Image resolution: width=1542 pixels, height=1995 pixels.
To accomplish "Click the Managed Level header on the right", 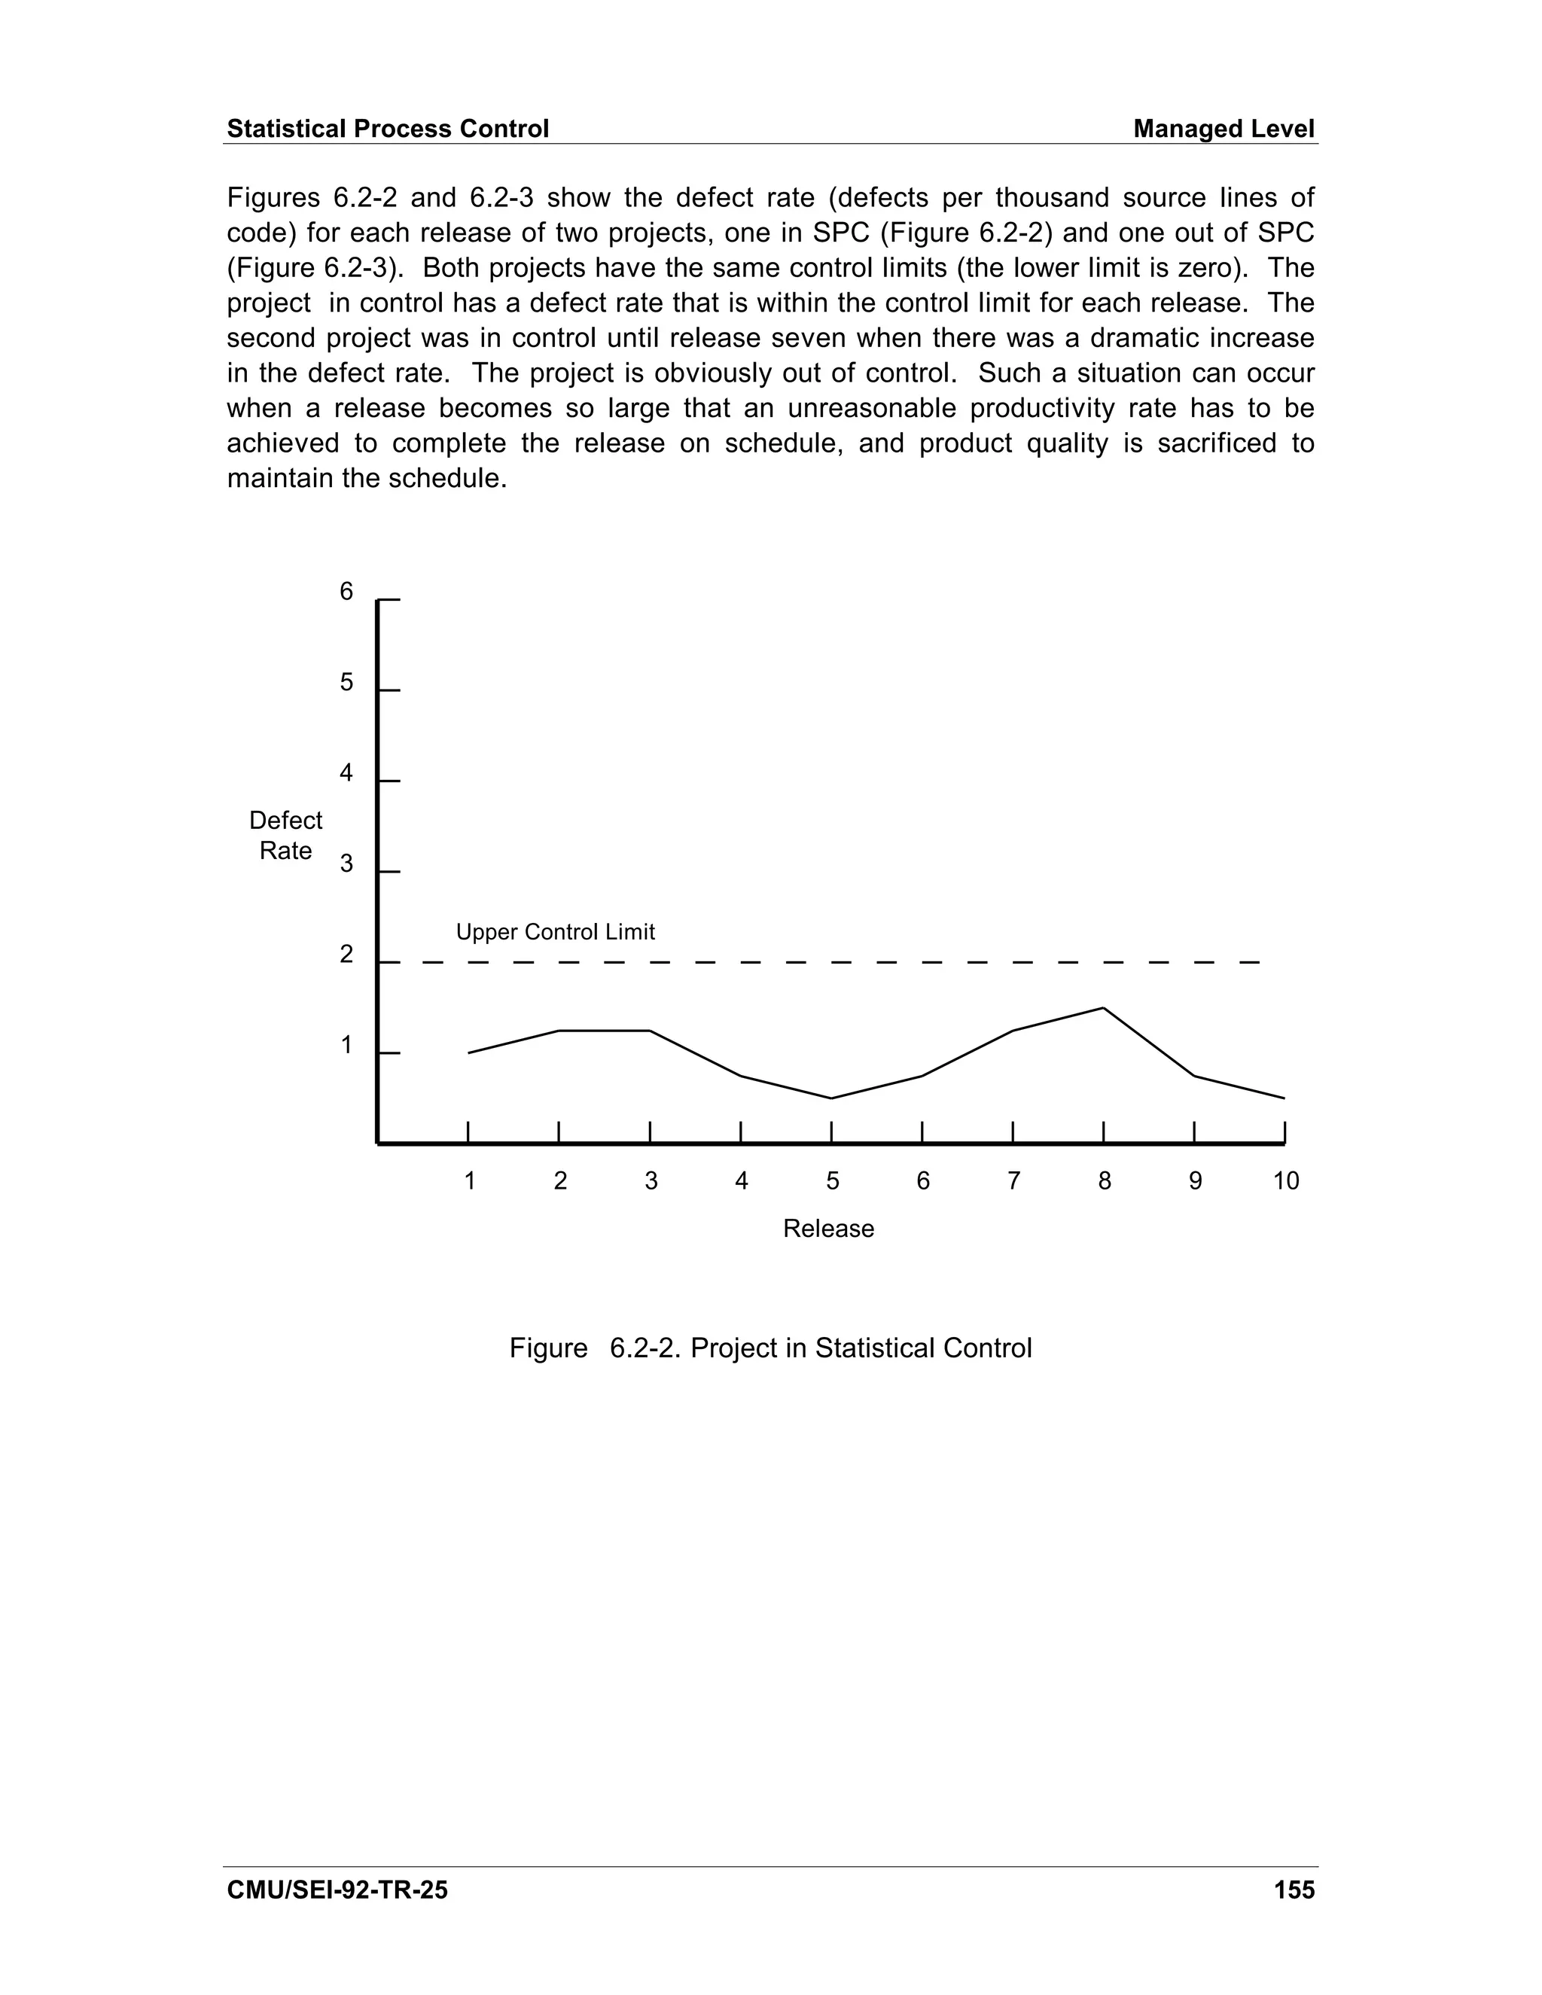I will (1224, 129).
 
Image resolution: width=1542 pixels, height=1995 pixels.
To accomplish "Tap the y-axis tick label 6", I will (346, 592).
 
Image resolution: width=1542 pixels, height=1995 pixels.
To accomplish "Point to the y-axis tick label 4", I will (346, 774).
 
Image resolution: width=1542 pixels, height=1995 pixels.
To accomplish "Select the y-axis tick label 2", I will (346, 955).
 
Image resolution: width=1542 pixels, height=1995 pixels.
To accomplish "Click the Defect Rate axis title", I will (286, 836).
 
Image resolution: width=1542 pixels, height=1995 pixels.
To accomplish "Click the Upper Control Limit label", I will (556, 933).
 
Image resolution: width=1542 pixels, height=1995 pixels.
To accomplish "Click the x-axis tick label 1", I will (470, 1181).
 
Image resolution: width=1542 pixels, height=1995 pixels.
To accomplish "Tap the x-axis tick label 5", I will (832, 1181).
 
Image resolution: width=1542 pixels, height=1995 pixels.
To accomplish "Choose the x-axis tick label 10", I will (1285, 1181).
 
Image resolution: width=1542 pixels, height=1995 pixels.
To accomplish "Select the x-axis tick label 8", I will (1105, 1181).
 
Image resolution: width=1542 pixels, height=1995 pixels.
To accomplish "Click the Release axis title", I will (828, 1229).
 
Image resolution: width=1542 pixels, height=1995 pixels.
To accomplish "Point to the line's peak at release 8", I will (1104, 1009).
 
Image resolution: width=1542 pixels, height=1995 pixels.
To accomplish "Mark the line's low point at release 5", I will (831, 1098).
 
